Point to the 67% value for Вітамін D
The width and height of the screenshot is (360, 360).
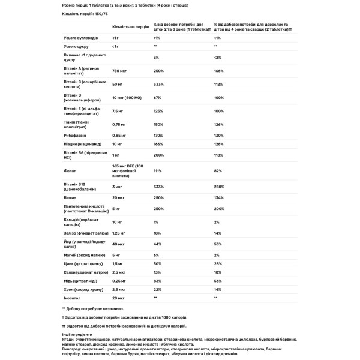tap(157, 97)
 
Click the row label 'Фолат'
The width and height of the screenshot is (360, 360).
tap(70, 171)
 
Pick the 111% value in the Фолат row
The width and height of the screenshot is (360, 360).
tap(158, 171)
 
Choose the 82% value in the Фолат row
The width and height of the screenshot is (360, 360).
tap(217, 171)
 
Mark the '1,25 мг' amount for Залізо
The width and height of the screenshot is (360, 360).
tap(119, 232)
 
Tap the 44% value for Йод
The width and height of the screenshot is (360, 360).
tap(157, 244)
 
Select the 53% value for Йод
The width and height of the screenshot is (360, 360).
tap(217, 244)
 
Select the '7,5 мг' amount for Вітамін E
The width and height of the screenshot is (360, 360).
tap(118, 110)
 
